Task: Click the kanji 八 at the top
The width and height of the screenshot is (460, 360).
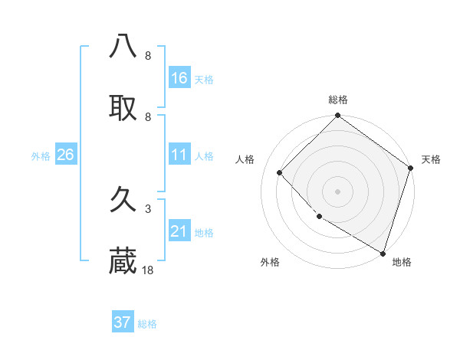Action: pos(123,47)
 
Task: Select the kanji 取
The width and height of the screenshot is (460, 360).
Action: pos(123,108)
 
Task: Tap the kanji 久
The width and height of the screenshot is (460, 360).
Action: pos(123,201)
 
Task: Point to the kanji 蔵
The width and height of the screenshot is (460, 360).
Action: pos(123,262)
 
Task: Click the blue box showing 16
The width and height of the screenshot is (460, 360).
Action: pos(179,78)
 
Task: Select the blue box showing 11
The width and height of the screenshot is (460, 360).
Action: pos(179,155)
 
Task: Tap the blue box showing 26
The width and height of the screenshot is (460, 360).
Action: pos(65,155)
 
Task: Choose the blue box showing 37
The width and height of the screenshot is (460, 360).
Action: pos(123,322)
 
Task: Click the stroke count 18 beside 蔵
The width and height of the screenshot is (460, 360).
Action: pos(148,270)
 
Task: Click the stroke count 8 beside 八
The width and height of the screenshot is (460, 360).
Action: pos(148,56)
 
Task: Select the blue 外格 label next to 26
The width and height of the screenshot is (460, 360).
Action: pos(41,156)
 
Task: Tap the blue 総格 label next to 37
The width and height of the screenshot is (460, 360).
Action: pos(147,324)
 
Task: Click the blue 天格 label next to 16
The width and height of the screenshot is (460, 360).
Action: pos(204,80)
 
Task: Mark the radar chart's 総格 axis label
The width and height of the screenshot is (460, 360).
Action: pos(338,100)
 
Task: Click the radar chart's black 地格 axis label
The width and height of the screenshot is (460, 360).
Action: pos(402,263)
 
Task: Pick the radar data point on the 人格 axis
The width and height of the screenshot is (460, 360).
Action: pos(280,173)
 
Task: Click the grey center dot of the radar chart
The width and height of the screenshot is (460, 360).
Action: pos(338,191)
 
